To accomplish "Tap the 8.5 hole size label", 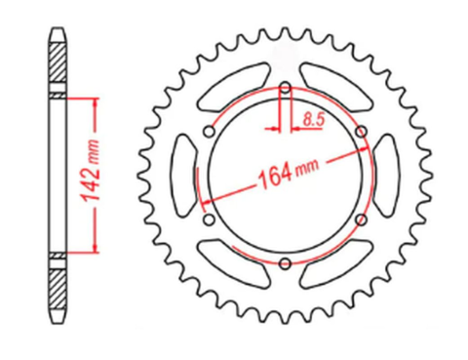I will point(313,120).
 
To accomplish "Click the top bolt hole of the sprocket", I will point(284,90).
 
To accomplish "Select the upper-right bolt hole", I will point(360,134).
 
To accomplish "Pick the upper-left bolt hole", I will point(209,134).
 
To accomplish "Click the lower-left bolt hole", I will point(209,220).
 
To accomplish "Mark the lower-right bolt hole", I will point(360,220).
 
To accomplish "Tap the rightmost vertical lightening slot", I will point(386,177).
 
